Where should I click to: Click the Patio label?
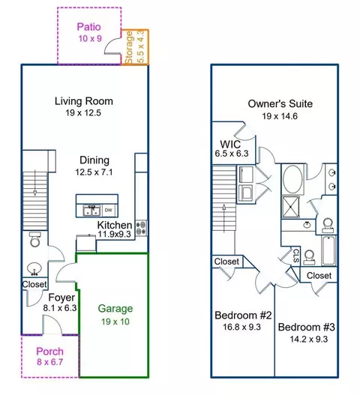pos(88,27)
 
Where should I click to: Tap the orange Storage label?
pos(128,47)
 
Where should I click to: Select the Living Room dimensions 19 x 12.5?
pos(83,112)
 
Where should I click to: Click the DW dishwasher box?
pos(109,210)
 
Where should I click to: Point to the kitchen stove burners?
pos(141,229)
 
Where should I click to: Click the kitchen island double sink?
pos(91,211)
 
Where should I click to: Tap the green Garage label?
pos(115,309)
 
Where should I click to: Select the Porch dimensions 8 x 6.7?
pos(49,362)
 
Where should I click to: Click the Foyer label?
pos(61,298)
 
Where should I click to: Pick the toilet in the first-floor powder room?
pos(35,239)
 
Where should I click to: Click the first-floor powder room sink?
pos(34,268)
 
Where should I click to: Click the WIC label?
pos(230,145)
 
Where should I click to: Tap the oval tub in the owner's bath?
pos(292,179)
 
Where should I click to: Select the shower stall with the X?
pos(291,207)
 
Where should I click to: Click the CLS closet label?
pos(296,256)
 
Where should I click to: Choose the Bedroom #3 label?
pos(307,327)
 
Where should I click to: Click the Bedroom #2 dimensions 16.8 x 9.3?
pos(241,327)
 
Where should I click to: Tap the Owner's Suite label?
pos(280,103)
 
